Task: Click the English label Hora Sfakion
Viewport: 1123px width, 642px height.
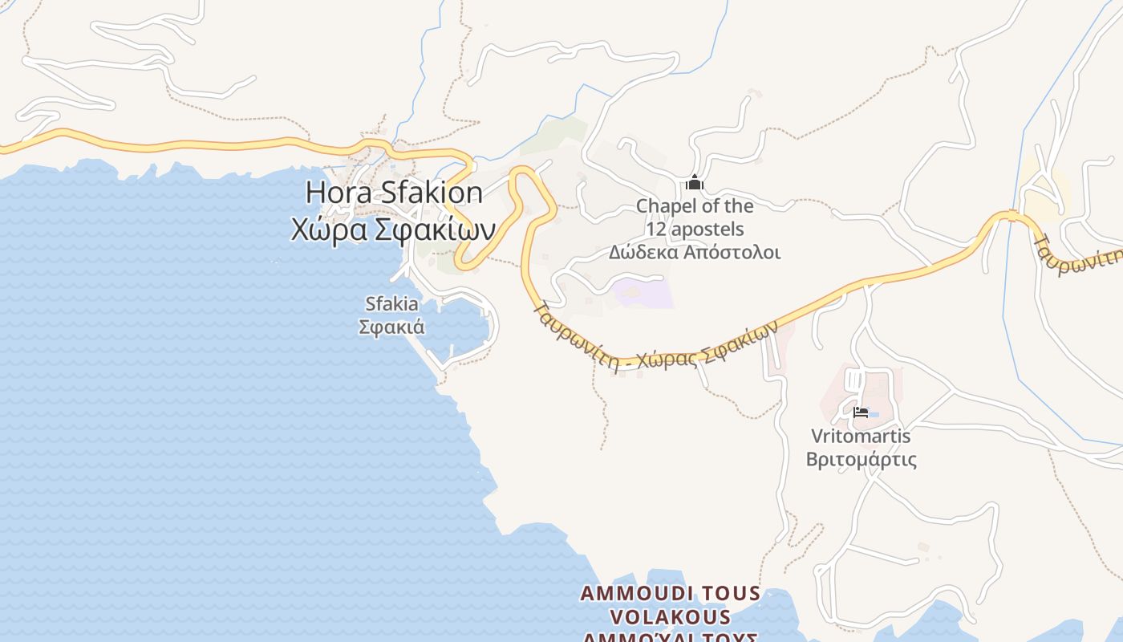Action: (x=394, y=193)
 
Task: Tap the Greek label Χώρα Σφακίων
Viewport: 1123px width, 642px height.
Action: (x=392, y=230)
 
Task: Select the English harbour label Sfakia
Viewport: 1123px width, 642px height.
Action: (x=391, y=304)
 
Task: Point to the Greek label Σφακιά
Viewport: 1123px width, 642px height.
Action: (x=391, y=327)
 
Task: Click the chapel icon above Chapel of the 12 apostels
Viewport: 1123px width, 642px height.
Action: (x=695, y=184)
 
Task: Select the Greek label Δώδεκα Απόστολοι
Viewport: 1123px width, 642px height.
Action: (x=694, y=252)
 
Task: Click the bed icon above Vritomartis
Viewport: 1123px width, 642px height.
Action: (x=861, y=413)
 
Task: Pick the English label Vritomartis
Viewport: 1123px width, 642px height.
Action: (x=861, y=437)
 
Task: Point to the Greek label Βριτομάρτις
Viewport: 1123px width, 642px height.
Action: (x=861, y=460)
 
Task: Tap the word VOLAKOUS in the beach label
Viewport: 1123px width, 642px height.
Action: (x=671, y=617)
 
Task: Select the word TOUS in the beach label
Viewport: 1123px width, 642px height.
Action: (x=731, y=594)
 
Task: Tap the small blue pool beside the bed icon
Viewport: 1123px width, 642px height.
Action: (x=874, y=414)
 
